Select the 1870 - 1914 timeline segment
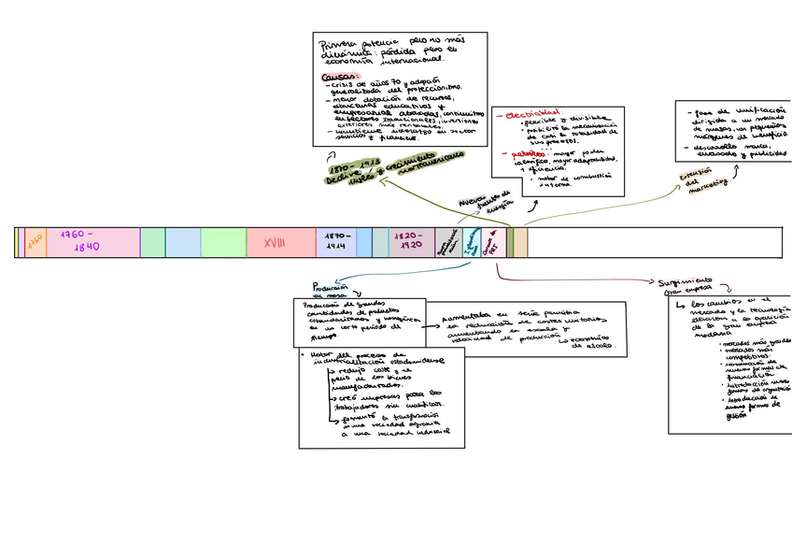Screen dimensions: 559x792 click(336, 242)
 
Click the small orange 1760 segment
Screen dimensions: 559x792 click(35, 241)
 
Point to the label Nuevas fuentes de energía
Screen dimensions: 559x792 click(483, 202)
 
